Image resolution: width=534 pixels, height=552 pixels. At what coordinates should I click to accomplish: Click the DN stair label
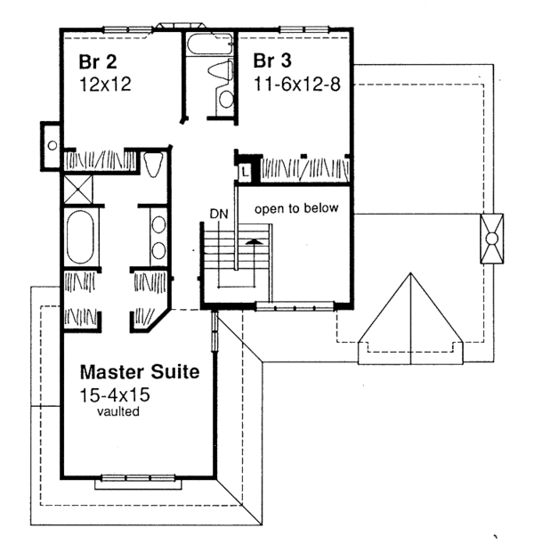point(219,214)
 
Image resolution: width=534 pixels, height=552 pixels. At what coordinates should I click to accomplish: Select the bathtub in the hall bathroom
point(209,45)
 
